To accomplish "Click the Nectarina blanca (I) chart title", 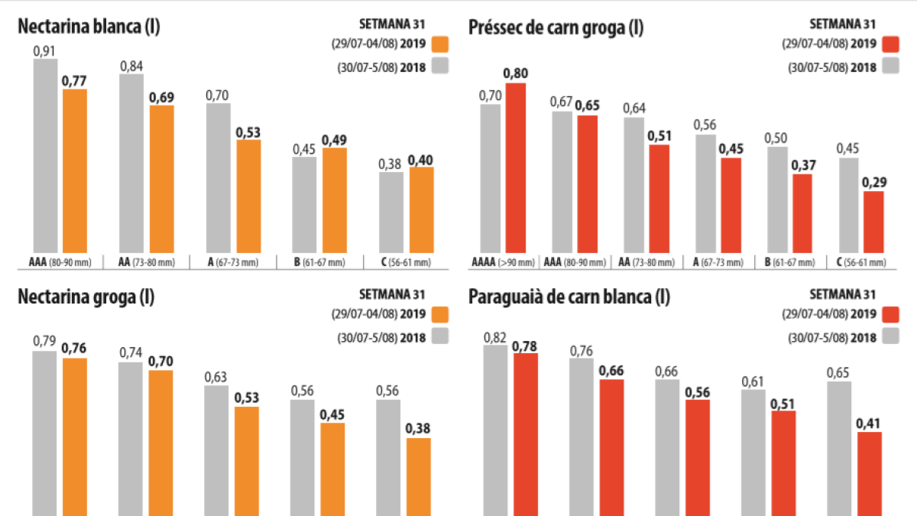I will (89, 27).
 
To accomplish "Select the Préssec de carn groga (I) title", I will (556, 28).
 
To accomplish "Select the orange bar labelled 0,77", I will (74, 172).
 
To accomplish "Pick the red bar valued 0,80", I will (515, 168).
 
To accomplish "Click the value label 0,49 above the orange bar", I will (334, 140).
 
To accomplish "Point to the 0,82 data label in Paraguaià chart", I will (495, 337).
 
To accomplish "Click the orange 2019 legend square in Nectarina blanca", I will (439, 44).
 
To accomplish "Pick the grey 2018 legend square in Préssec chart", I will (889, 67).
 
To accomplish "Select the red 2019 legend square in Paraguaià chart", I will (889, 314).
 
